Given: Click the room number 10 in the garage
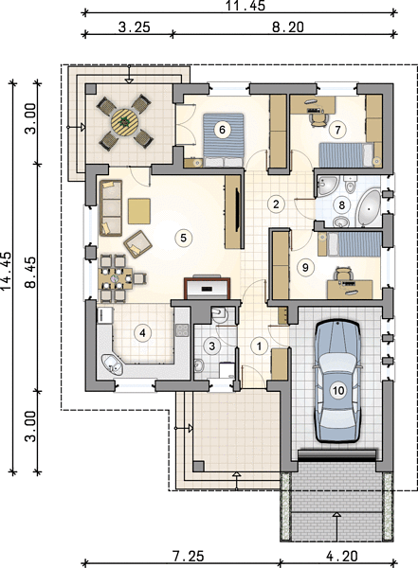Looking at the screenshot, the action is coord(337,390).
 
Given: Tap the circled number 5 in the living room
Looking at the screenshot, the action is coord(183,238).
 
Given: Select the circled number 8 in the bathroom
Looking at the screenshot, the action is coord(341,205).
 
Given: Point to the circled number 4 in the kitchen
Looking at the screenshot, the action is coord(142,332).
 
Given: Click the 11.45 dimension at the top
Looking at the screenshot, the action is coord(245,6).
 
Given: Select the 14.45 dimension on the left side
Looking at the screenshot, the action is coord(6,270).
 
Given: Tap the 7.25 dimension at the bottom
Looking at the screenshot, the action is coord(189,556).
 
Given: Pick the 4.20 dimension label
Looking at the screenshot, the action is coord(342,556).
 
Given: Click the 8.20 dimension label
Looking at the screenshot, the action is coord(288,27).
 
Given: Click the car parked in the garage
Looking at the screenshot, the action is coord(337,381).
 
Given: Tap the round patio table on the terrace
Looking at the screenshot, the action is coord(124,122).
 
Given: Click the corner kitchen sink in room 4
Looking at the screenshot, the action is coord(112,364).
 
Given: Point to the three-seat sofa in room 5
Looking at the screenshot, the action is coord(111,208).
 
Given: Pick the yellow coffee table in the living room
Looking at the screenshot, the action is coord(139,211).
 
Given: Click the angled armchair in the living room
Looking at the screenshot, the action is coord(137,244).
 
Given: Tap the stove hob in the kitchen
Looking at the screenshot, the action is coord(182,330).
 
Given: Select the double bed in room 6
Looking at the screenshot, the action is coord(223,140).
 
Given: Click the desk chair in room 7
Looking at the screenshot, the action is coord(318,118).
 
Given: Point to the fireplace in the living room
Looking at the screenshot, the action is coord(208,288).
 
